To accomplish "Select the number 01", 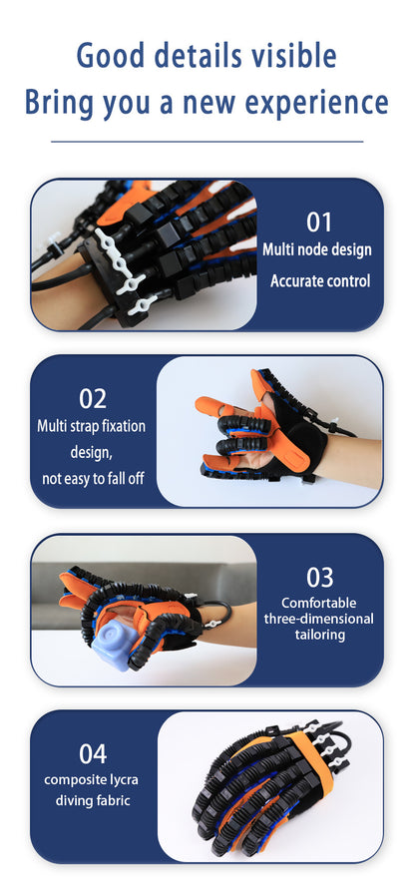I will [x=318, y=222].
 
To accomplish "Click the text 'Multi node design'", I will [x=316, y=249].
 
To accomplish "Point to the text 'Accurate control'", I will [x=319, y=281].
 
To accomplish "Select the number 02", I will [x=92, y=399].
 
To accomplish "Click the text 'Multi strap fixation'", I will [x=92, y=426].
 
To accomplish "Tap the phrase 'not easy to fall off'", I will [x=93, y=479].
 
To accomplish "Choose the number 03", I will [x=319, y=577].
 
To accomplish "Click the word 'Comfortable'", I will [x=319, y=603].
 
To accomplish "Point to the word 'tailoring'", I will [x=319, y=635].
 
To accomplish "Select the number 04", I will [x=92, y=754].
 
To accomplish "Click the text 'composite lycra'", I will [x=92, y=778].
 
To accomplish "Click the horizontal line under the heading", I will [x=207, y=142].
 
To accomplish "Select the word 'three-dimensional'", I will [x=319, y=619].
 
